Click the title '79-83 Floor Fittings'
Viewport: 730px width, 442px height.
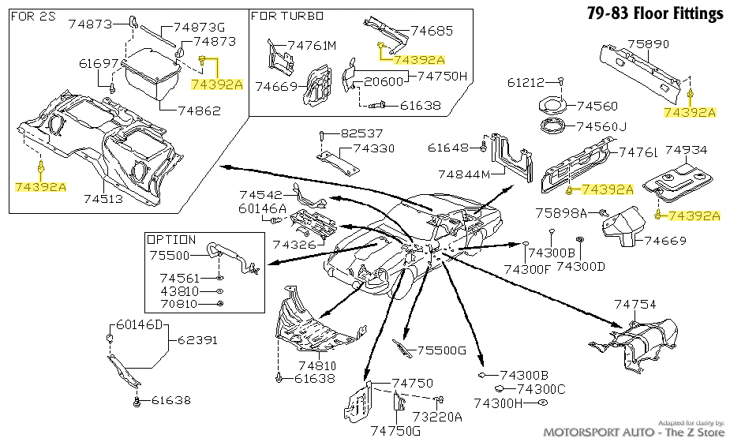(655, 13)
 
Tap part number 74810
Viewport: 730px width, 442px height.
(316, 365)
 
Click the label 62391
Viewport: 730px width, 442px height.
(197, 340)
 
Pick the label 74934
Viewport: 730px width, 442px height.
(686, 149)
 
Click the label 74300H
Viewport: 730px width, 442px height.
(504, 403)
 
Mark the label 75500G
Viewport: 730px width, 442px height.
(442, 350)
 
